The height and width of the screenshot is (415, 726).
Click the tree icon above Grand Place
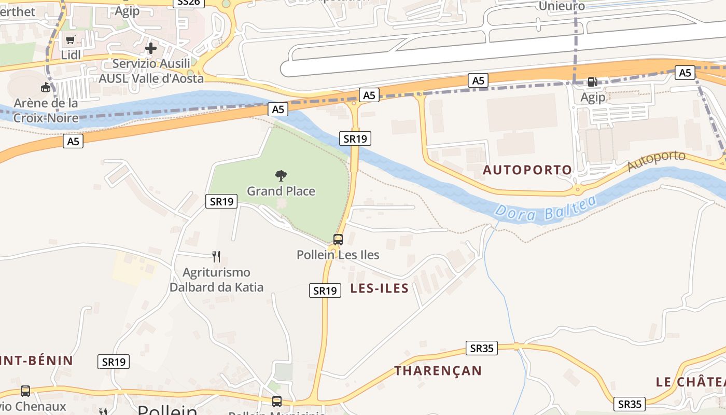(x=281, y=175)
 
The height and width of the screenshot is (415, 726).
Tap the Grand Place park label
(x=281, y=191)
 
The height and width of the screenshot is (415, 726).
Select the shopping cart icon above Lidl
(x=71, y=40)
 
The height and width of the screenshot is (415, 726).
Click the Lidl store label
(x=71, y=54)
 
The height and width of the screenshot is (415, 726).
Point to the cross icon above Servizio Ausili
(x=151, y=49)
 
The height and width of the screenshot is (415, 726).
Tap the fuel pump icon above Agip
(x=592, y=82)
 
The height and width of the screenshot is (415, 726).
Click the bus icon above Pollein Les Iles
(x=338, y=239)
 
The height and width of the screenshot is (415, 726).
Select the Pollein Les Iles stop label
(x=338, y=255)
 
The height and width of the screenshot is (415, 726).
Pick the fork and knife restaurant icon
(x=216, y=256)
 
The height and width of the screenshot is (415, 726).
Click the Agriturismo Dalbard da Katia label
(x=217, y=280)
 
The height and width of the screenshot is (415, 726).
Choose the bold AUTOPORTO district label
(x=527, y=170)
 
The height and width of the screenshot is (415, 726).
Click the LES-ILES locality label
(x=380, y=288)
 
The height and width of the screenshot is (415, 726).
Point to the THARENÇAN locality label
(x=438, y=370)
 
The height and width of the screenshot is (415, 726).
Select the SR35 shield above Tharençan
(x=482, y=348)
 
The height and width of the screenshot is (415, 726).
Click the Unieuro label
(x=562, y=6)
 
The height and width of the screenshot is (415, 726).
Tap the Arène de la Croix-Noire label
(x=46, y=110)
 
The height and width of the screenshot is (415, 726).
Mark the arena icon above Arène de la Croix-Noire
(x=46, y=87)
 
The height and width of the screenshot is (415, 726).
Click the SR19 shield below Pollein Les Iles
(x=325, y=290)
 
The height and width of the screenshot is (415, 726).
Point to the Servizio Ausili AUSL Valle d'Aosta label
(x=151, y=71)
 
